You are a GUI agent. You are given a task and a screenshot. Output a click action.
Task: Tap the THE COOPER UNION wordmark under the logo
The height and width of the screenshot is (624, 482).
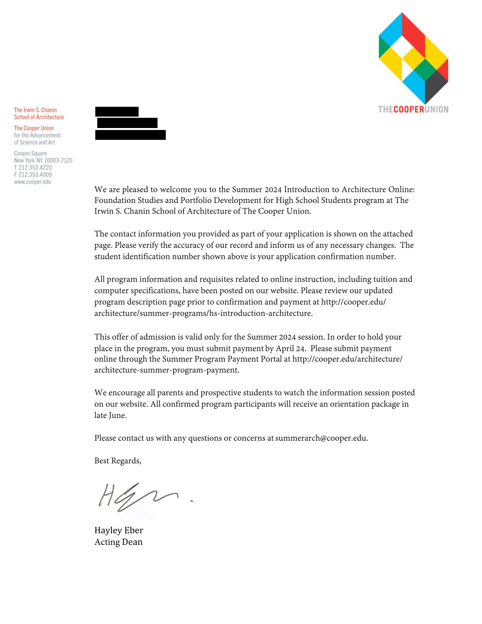(413, 110)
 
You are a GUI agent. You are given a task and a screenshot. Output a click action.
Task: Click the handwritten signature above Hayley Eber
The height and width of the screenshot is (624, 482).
(138, 497)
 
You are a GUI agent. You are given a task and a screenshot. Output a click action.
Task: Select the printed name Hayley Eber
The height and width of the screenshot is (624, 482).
(119, 530)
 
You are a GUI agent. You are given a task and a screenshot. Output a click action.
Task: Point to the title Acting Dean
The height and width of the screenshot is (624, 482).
(119, 542)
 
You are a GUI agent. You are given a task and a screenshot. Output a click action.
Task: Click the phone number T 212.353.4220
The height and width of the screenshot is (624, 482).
(33, 167)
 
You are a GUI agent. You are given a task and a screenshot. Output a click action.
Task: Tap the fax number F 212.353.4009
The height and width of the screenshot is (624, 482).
(33, 175)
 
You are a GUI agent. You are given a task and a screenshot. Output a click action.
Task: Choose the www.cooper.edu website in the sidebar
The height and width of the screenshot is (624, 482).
(33, 182)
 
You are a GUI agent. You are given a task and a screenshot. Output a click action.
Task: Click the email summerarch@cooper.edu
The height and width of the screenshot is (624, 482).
(321, 438)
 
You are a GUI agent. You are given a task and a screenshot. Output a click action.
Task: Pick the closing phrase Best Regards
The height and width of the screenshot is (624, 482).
(117, 461)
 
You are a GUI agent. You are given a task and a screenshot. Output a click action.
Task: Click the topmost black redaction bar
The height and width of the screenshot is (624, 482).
(117, 111)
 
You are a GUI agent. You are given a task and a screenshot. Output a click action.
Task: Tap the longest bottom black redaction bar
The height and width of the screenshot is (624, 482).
(130, 135)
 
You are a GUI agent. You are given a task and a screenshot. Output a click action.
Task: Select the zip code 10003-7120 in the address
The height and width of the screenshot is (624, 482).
(58, 160)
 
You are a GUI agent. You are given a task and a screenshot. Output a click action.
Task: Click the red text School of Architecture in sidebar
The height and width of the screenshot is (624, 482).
(39, 117)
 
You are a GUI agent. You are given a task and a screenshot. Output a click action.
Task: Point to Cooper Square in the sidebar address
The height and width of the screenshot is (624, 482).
(31, 153)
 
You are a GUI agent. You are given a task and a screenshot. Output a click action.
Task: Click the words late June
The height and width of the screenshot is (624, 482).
(110, 415)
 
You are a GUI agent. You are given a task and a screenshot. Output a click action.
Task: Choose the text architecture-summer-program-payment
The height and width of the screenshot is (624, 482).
(166, 370)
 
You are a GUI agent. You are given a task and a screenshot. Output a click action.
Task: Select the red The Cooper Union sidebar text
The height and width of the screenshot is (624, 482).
(34, 128)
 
